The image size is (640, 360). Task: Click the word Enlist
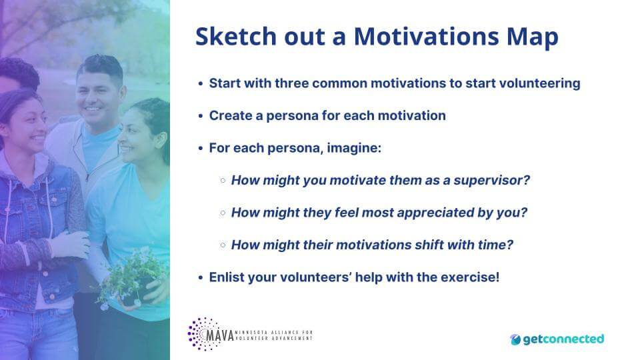click(227, 277)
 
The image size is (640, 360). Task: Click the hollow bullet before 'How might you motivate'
click(223, 181)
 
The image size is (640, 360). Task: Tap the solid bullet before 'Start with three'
click(201, 84)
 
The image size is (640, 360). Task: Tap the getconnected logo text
click(563, 339)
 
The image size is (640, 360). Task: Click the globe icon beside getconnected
click(516, 339)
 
